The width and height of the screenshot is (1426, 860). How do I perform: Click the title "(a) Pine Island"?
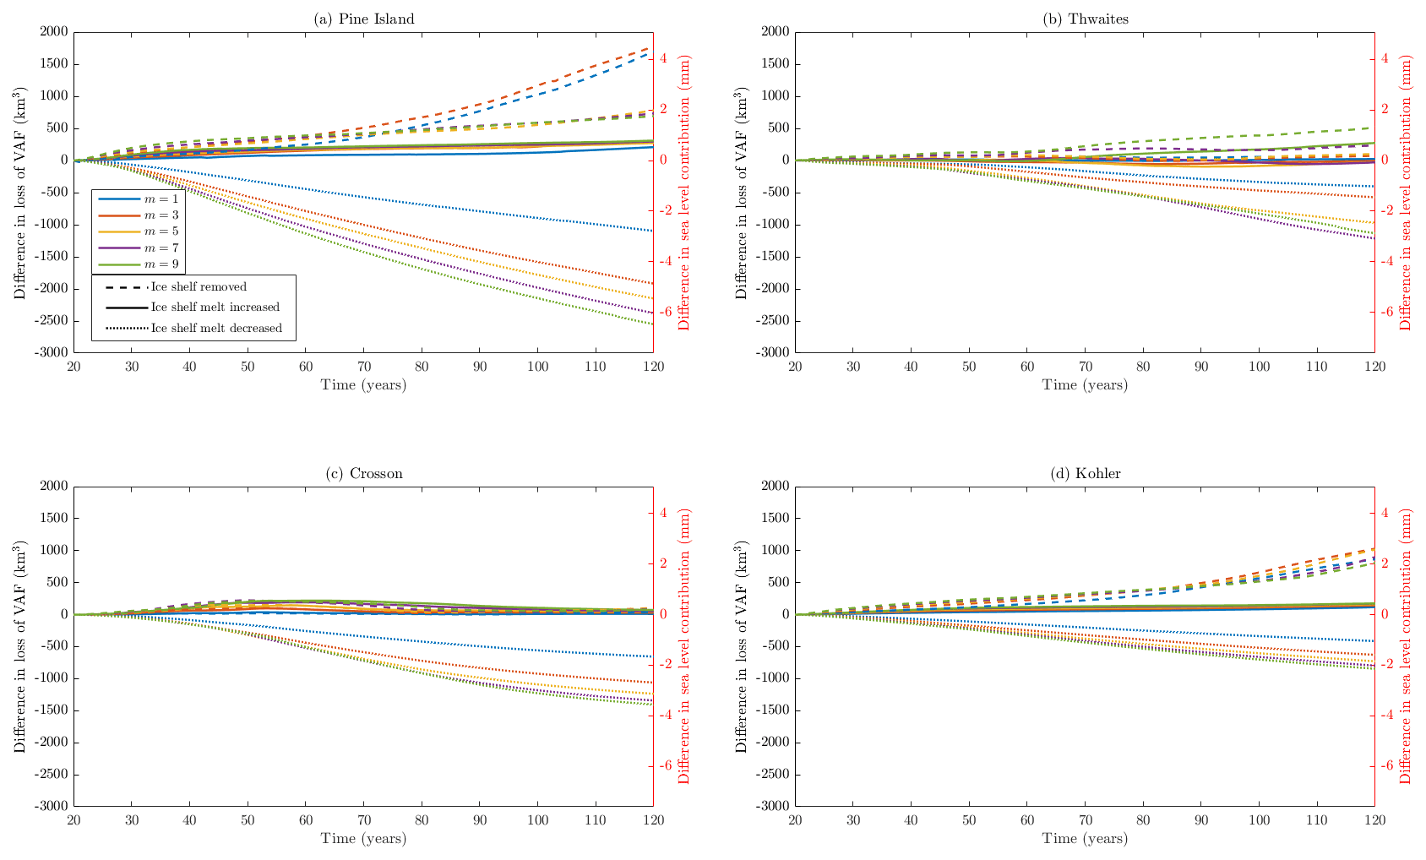point(364,19)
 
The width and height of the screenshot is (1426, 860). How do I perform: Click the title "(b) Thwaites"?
point(1086,19)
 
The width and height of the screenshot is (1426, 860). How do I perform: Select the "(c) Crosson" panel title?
point(364,474)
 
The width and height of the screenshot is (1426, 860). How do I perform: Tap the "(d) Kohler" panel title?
point(1086,474)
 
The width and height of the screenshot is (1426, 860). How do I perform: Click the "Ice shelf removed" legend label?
point(199,287)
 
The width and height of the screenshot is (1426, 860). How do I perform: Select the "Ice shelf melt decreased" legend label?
point(216,328)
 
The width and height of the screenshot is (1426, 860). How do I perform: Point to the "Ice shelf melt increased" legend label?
point(215,308)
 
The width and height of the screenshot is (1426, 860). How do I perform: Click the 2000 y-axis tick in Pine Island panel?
point(53,32)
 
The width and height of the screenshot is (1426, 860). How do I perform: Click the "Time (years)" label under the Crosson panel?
point(363,839)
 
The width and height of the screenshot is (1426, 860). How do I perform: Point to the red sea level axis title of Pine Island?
point(684,193)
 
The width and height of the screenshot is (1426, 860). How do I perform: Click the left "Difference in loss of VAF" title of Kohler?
point(741,646)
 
